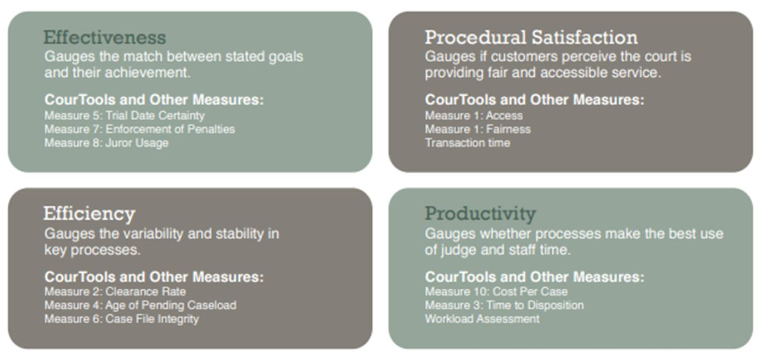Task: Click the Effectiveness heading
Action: [x=105, y=38]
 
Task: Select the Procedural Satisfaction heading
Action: [x=531, y=38]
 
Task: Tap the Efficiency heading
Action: [x=89, y=214]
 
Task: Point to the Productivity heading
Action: [x=480, y=214]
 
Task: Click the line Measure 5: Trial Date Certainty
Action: [x=125, y=116]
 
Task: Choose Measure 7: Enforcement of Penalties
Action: [x=140, y=129]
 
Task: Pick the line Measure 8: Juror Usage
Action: [x=106, y=143]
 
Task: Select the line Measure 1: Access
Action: [x=474, y=116]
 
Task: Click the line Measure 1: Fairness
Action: [x=477, y=129]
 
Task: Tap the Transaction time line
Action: [x=467, y=143]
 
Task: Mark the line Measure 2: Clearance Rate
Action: [x=115, y=292]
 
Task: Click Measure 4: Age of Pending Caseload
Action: [x=140, y=305]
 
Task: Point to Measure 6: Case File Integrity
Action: [x=121, y=319]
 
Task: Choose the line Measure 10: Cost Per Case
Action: [x=496, y=292]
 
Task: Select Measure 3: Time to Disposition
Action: [x=504, y=305]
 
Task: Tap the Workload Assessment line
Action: [x=482, y=319]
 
